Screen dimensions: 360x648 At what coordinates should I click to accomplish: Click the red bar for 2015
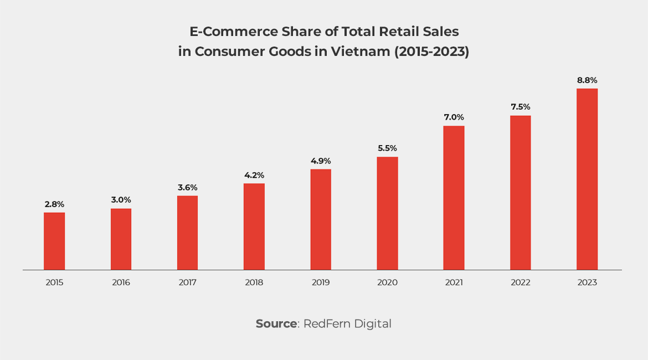pos(54,241)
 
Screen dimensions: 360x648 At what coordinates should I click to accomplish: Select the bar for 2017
pos(187,233)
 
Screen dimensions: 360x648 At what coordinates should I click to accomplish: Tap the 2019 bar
pos(321,219)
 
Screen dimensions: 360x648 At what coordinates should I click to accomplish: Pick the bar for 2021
pos(454,198)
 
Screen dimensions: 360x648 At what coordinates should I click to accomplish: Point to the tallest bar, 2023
pos(587,179)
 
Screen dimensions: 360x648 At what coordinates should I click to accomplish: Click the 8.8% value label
pos(587,80)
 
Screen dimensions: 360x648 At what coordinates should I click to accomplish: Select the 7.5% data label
pos(521,107)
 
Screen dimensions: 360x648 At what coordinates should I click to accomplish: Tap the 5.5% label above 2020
pos(387,148)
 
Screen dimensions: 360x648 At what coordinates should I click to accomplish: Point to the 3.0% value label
pos(121,200)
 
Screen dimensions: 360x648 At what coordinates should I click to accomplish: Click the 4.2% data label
pos(254,176)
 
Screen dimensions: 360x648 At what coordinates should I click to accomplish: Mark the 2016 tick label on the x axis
pos(121,282)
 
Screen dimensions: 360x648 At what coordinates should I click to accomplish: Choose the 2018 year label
pos(254,282)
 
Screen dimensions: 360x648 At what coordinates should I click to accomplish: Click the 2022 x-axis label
pos(521,282)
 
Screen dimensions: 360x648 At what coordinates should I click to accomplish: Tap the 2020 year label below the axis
pos(387,282)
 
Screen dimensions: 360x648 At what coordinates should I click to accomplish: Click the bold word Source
pos(276,324)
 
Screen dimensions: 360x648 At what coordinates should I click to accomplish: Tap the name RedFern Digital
pos(347,324)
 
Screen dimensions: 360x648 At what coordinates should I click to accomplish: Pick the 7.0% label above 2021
pos(454,117)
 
